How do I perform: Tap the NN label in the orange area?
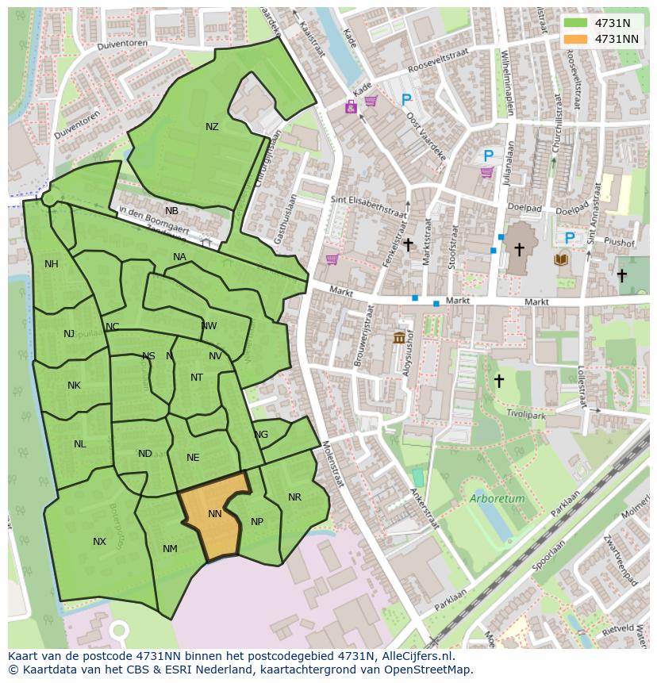coord(214,514)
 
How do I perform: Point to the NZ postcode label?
coord(212,127)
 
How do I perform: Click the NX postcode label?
coord(99,542)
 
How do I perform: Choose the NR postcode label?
coord(294,497)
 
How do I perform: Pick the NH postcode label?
coord(52,264)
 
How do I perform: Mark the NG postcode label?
coord(261,435)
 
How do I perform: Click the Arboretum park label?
coord(497,499)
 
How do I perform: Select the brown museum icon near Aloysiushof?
coord(399,338)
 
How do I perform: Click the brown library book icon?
coord(562,259)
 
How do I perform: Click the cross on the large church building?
coord(519,250)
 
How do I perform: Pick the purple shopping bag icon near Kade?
coord(351,106)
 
